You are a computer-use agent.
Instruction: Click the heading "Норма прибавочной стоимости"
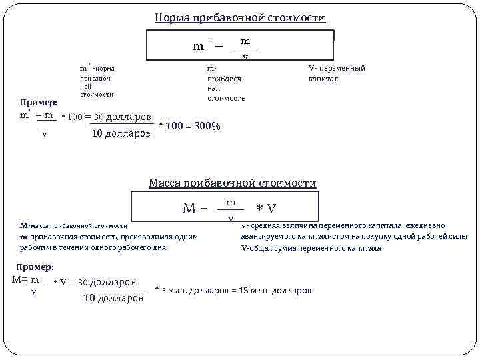pyautogui.click(x=240, y=18)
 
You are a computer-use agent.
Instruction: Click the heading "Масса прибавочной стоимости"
pyautogui.click(x=232, y=183)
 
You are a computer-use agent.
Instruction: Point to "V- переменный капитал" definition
pyautogui.click(x=337, y=73)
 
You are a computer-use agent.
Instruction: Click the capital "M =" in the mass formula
pyautogui.click(x=195, y=209)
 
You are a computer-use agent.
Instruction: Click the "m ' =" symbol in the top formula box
pyautogui.click(x=207, y=47)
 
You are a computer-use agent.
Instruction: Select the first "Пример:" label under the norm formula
pyautogui.click(x=39, y=102)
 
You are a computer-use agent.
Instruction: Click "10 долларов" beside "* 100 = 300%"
pyautogui.click(x=121, y=133)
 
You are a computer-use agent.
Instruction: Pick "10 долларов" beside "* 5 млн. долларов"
pyautogui.click(x=113, y=298)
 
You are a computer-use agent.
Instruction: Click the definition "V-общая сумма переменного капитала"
pyautogui.click(x=311, y=248)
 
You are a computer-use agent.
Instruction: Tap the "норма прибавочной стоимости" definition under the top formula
pyautogui.click(x=97, y=81)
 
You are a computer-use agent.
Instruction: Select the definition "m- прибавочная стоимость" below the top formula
pyautogui.click(x=226, y=83)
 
